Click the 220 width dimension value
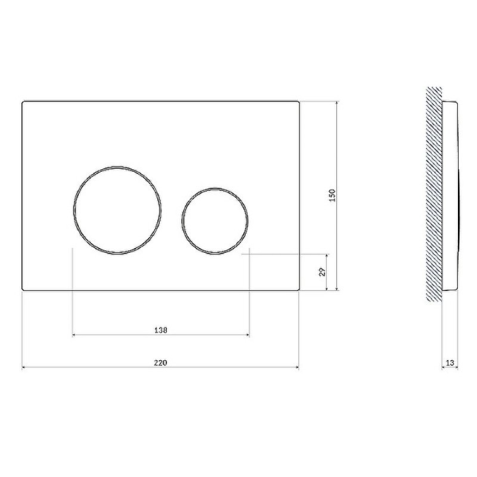(160, 363)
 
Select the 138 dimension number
(160, 330)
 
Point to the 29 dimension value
(323, 272)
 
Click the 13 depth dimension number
(450, 363)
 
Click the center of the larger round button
(117, 210)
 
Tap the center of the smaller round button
(215, 221)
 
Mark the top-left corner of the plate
(22, 101)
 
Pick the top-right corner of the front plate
(299, 101)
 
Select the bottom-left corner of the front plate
(22, 290)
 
